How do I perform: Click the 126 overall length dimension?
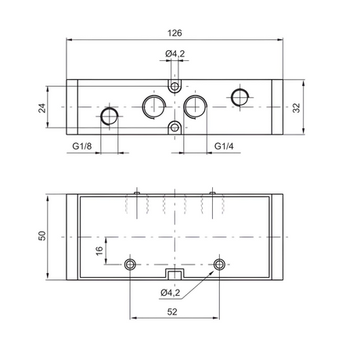click(x=175, y=34)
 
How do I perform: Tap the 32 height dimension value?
click(x=297, y=108)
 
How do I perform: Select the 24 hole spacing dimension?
click(x=42, y=108)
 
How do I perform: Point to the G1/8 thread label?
click(x=82, y=146)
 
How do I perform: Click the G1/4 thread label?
click(x=224, y=146)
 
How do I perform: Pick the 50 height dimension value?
click(x=42, y=236)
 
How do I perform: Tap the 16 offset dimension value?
click(x=99, y=251)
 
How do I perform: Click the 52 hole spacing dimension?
click(x=172, y=311)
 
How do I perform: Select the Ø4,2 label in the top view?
click(x=175, y=54)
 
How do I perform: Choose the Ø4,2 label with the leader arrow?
click(x=171, y=293)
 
